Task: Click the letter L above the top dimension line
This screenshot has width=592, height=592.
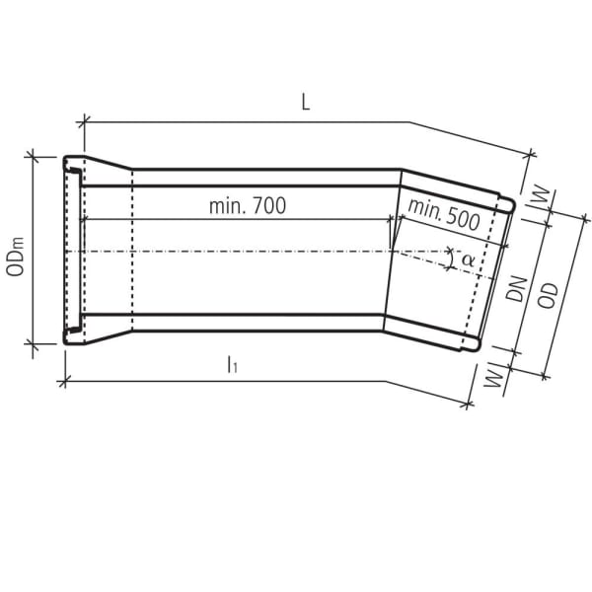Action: click(x=306, y=104)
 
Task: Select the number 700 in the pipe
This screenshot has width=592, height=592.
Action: click(x=267, y=206)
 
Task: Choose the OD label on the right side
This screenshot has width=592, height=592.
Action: click(x=550, y=295)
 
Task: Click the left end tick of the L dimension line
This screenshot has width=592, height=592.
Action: click(x=83, y=121)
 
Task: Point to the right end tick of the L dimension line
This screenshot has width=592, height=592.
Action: click(x=532, y=156)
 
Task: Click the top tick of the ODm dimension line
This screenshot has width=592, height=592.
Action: click(x=34, y=155)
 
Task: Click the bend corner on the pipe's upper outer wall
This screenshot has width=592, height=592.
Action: click(x=401, y=169)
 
